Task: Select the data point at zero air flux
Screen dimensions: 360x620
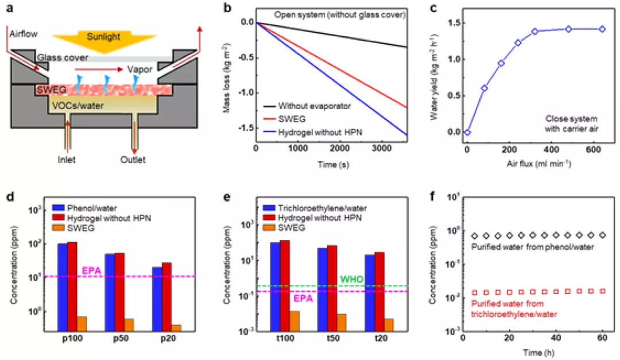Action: pyautogui.click(x=467, y=132)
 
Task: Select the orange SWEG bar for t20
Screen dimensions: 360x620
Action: pyautogui.click(x=387, y=325)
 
